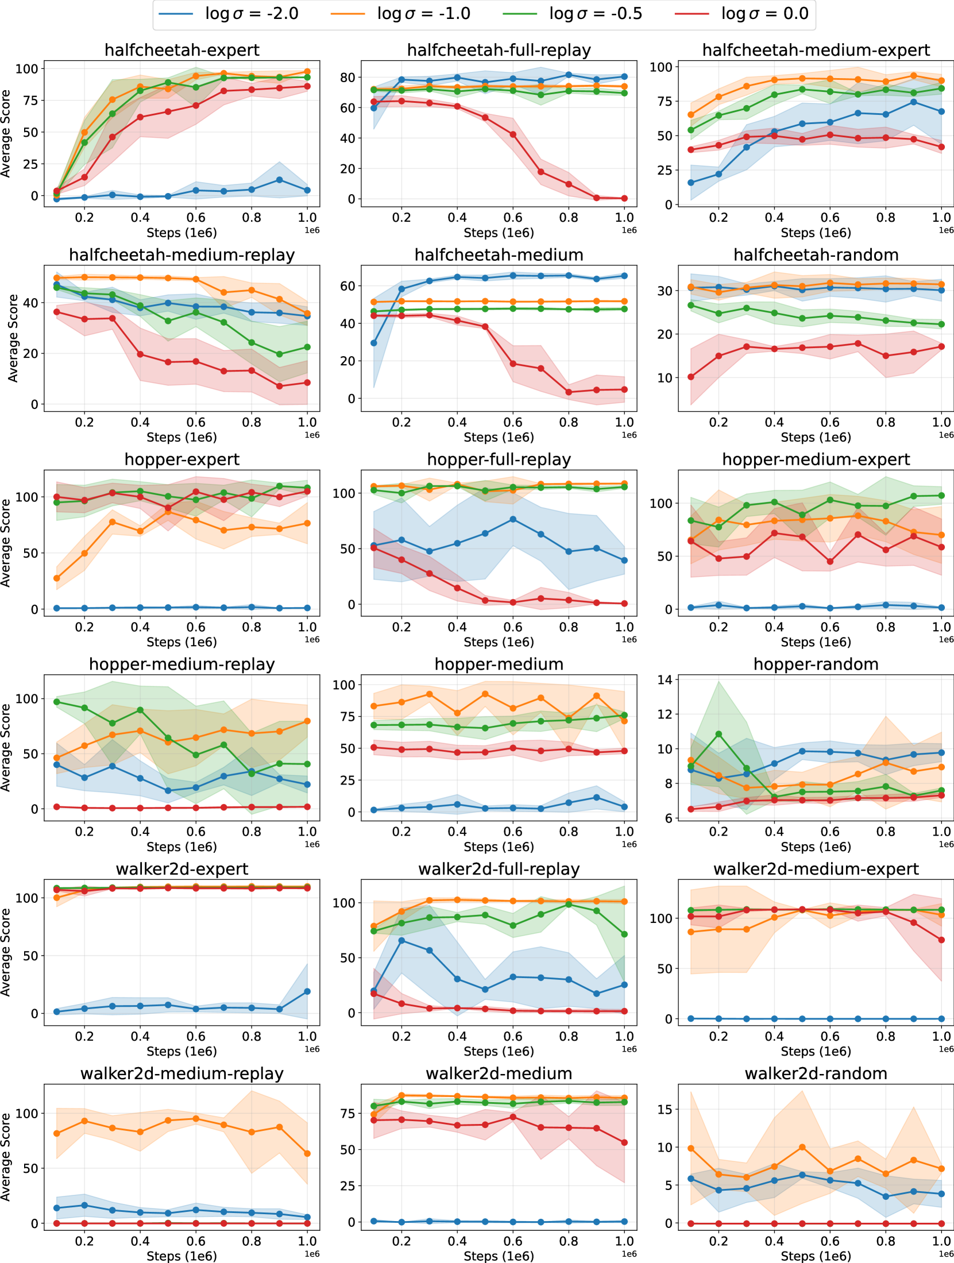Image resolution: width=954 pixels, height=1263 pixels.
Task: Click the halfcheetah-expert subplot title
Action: point(181,50)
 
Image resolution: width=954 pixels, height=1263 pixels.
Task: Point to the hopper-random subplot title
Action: point(816,664)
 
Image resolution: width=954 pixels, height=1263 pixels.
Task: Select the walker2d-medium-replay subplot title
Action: point(181,1073)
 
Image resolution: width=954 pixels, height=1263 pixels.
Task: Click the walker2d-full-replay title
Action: point(499,869)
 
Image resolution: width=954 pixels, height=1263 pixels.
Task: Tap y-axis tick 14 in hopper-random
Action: point(665,679)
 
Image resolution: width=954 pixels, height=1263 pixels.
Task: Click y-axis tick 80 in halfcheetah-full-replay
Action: point(347,77)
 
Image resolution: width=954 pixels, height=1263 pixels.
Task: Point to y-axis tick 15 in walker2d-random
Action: point(665,1109)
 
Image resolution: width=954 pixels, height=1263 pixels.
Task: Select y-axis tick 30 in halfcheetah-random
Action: point(665,291)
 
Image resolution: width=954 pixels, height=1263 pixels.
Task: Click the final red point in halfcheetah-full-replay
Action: point(624,198)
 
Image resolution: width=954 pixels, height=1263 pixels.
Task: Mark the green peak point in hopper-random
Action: point(719,734)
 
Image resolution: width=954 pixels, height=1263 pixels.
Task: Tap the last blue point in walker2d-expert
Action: point(307,991)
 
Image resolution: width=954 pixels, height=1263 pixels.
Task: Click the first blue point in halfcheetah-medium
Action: point(374,343)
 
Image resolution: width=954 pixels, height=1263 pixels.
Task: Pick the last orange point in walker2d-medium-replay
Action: point(307,1153)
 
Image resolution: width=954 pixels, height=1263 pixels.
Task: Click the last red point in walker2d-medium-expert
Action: point(941,940)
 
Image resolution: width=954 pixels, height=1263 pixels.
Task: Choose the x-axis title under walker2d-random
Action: point(816,1256)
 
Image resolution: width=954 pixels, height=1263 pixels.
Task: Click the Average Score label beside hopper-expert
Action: point(6,543)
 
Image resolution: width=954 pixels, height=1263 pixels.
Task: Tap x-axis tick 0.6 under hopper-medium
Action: point(513,831)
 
